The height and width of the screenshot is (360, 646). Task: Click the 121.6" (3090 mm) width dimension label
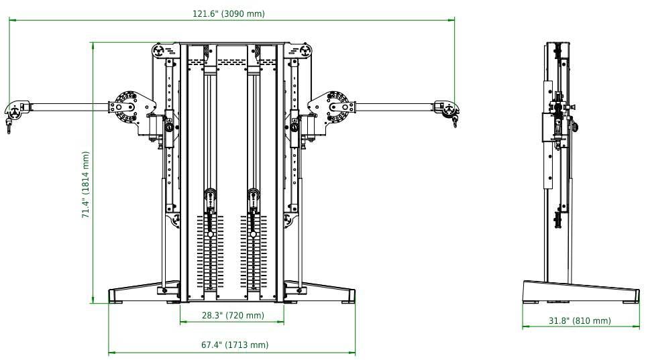pyautogui.click(x=233, y=14)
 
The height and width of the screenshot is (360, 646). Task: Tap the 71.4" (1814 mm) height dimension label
pyautogui.click(x=86, y=184)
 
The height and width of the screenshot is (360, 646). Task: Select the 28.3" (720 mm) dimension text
pyautogui.click(x=232, y=315)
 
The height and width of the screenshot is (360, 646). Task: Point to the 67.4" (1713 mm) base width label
pyautogui.click(x=232, y=345)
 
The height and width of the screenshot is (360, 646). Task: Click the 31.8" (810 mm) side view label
pyautogui.click(x=580, y=320)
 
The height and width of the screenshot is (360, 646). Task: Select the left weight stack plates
pyautogui.click(x=211, y=251)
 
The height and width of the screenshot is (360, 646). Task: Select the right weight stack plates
pyautogui.click(x=254, y=251)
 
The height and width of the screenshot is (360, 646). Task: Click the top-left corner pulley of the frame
pyautogui.click(x=159, y=51)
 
